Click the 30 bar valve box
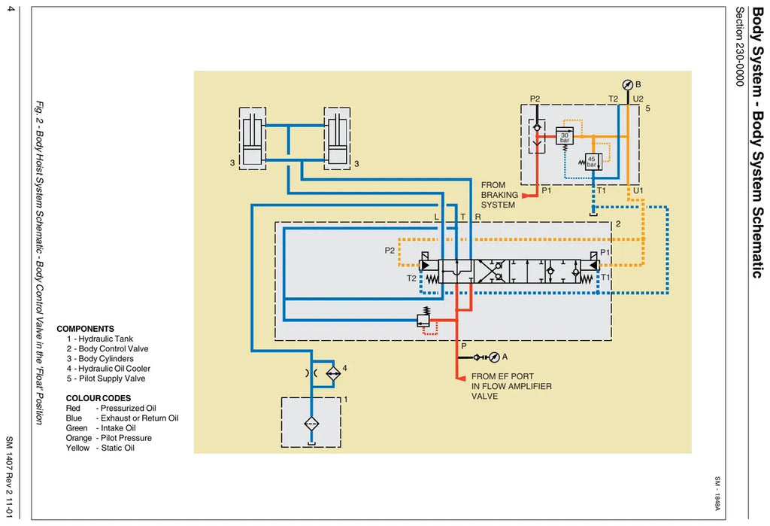coord(565,135)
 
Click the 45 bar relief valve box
coord(593,162)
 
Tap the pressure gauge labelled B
coord(628,85)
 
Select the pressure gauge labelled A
coord(495,357)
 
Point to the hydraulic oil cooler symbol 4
coord(333,373)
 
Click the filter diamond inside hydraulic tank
coord(311,423)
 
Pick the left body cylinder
coord(253,138)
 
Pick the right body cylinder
coord(337,138)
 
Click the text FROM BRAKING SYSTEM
coord(499,195)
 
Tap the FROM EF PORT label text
coord(502,376)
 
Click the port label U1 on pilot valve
coord(638,190)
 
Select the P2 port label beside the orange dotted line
coord(390,251)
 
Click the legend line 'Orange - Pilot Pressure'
coord(108,438)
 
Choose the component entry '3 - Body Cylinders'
coord(100,359)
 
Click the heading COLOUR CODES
coord(99,398)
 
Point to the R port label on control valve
coord(477,217)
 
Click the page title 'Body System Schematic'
coord(758,142)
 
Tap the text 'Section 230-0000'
coord(740,47)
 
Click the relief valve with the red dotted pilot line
coord(423,320)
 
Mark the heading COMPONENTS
coord(86,329)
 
